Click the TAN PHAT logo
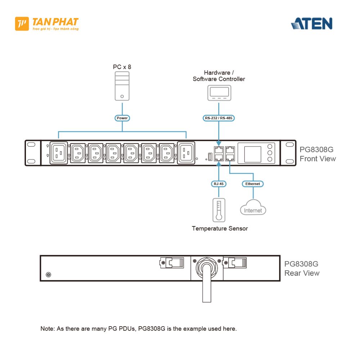click(47, 24)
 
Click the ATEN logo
click(311, 23)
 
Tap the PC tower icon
click(122, 86)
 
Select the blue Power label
click(122, 118)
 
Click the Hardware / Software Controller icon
click(219, 93)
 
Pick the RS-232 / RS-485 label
click(219, 118)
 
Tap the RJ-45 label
click(219, 184)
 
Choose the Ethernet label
click(252, 184)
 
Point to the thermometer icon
click(219, 210)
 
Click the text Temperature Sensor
click(220, 228)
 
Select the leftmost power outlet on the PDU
click(58, 153)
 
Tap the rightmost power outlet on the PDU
click(186, 153)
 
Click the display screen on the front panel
click(253, 154)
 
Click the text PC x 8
click(122, 67)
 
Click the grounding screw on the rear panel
click(48, 275)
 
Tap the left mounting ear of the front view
click(32, 153)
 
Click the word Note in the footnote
click(46, 329)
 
